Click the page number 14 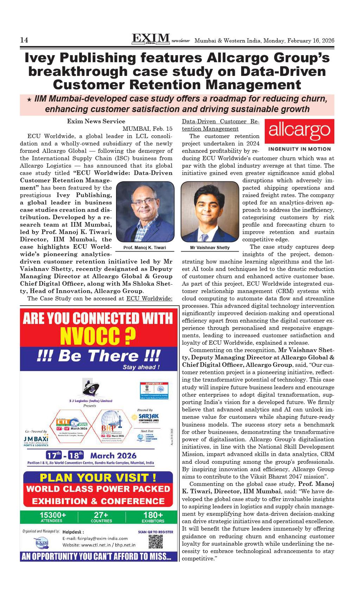pyautogui.click(x=24, y=40)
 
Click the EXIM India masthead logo pyautogui.click(x=150, y=38)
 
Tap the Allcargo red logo pyautogui.click(x=299, y=131)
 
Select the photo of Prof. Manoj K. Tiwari pyautogui.click(x=145, y=212)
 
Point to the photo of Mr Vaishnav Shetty pyautogui.click(x=210, y=212)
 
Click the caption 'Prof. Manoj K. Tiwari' pyautogui.click(x=145, y=248)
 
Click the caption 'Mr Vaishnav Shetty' pyautogui.click(x=210, y=248)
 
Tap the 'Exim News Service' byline pyautogui.click(x=96, y=121)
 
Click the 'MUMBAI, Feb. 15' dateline pyautogui.click(x=147, y=129)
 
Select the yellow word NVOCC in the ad pyautogui.click(x=98, y=336)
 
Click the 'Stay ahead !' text pyautogui.click(x=141, y=367)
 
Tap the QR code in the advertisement pyautogui.click(x=156, y=542)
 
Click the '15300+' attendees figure pyautogui.click(x=53, y=515)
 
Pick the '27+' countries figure pyautogui.click(x=101, y=515)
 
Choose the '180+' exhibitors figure pyautogui.click(x=153, y=515)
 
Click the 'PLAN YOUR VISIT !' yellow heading pyautogui.click(x=98, y=478)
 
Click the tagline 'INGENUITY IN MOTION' pyautogui.click(x=299, y=149)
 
